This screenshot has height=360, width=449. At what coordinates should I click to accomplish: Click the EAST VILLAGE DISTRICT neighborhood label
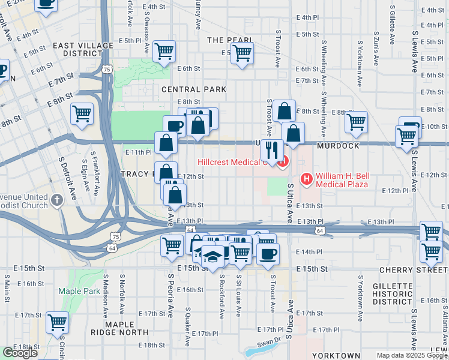pyautogui.click(x=83, y=49)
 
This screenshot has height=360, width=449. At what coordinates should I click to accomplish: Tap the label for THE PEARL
pyautogui.click(x=229, y=40)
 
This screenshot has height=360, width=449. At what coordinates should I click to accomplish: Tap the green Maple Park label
pyautogui.click(x=75, y=292)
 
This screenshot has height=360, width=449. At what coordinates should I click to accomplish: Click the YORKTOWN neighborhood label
pyautogui.click(x=336, y=356)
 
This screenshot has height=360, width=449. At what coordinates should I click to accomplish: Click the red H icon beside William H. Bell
pyautogui.click(x=307, y=178)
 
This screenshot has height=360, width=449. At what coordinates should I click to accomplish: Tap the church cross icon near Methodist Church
pyautogui.click(x=57, y=200)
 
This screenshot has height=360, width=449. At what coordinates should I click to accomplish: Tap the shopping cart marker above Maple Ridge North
pyautogui.click(x=58, y=323)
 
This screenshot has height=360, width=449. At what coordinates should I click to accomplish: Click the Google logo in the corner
pyautogui.click(x=20, y=353)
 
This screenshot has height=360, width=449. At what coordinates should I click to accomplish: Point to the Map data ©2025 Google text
pyautogui.click(x=411, y=355)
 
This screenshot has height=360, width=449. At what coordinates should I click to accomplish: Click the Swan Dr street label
pyautogui.click(x=268, y=343)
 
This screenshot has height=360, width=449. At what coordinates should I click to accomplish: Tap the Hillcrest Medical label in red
pyautogui.click(x=231, y=163)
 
